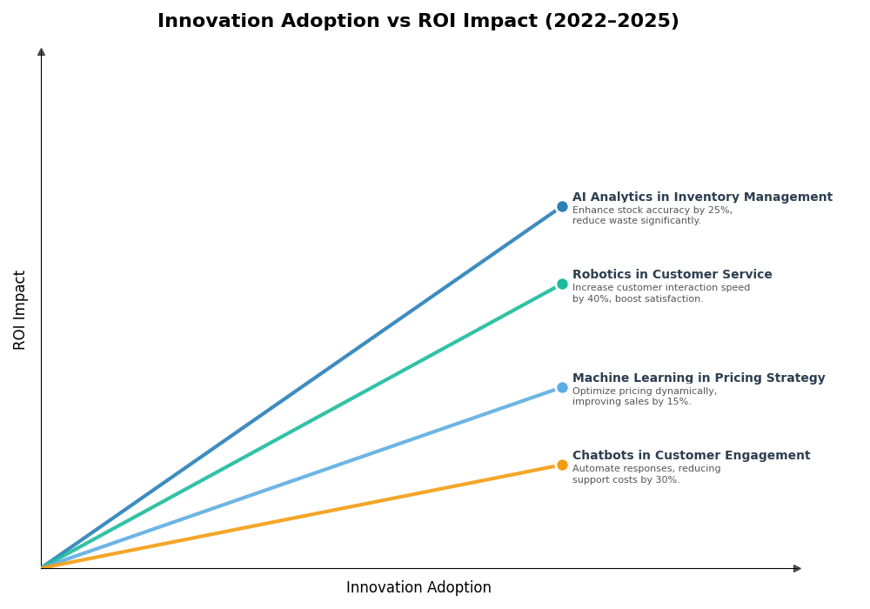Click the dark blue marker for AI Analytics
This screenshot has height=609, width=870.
562,207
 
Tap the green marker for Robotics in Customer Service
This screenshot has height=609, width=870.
562,284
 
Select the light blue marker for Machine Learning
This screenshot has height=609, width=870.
562,387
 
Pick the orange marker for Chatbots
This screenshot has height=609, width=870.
562,465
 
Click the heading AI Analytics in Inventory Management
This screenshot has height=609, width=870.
701,197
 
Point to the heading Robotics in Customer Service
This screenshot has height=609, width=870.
672,275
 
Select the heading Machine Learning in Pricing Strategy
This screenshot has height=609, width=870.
698,378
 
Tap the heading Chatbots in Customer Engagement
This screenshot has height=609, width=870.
691,456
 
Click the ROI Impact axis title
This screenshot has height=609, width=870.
20,310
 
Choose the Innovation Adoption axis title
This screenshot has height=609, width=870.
418,588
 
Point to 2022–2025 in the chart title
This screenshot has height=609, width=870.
612,22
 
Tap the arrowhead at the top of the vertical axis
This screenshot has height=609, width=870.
41,51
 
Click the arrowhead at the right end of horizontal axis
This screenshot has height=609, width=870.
797,568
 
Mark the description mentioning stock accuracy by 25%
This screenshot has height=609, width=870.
652,216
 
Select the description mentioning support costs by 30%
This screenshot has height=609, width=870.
646,474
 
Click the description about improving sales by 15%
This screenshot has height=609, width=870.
644,397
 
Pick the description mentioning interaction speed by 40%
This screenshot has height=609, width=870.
660,293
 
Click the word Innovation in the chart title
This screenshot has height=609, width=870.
212,22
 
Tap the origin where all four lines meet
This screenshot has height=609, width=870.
42,567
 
